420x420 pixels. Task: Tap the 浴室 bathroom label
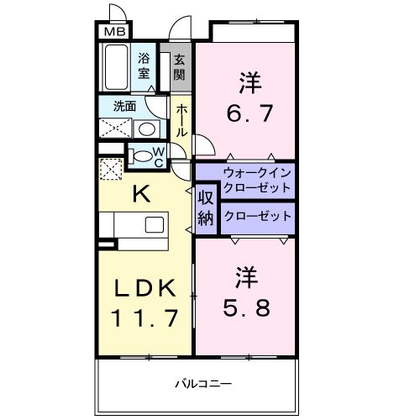pos(144,66)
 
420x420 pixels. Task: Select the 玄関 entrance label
pos(179,66)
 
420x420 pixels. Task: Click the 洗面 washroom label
pos(114,107)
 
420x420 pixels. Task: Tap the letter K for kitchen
pos(142,194)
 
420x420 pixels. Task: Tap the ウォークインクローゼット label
pos(257,180)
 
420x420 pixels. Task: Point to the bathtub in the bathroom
pos(116,66)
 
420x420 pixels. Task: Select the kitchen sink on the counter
pos(155,224)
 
